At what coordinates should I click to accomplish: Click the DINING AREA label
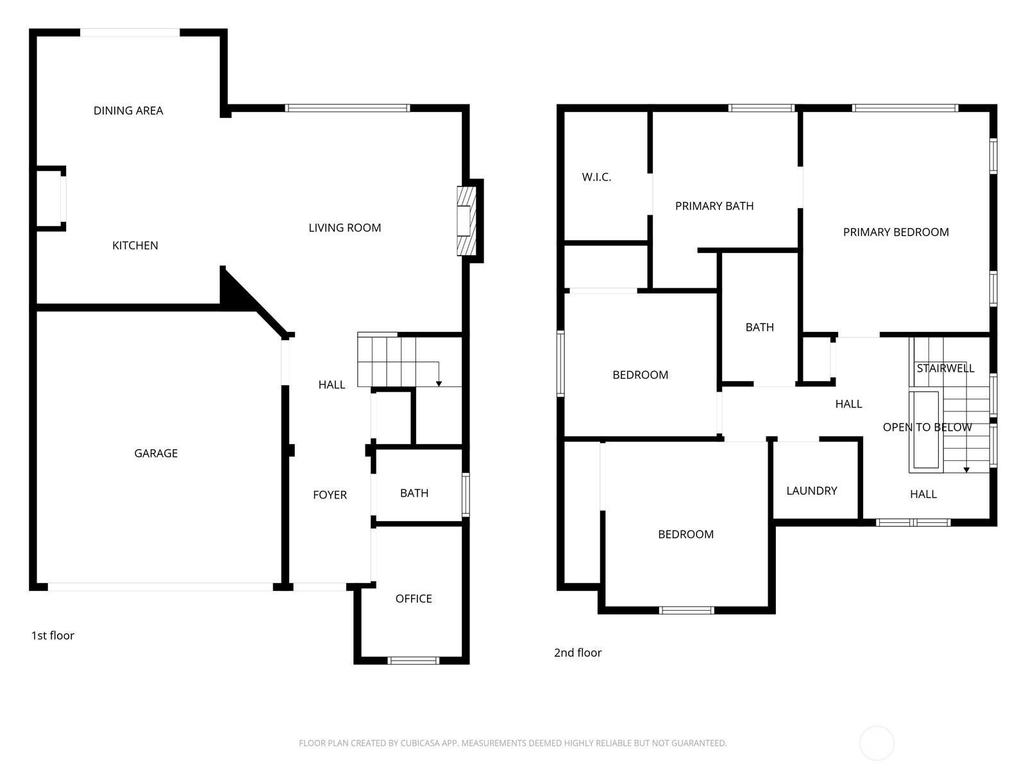coord(128,111)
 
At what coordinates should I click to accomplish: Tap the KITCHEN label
coord(135,245)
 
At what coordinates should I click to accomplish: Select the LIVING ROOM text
coord(344,228)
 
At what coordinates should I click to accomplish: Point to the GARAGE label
coord(156,453)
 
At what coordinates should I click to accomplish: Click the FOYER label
coord(330,495)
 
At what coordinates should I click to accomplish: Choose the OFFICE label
coord(413,598)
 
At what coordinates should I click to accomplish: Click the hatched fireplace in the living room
coord(466,221)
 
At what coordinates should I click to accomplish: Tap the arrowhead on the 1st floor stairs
coord(439,384)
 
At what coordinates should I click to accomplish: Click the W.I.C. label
coord(596,177)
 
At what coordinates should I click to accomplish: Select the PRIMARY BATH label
coord(714,206)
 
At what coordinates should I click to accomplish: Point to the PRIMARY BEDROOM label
coord(896,232)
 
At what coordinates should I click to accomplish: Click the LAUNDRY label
coord(811,491)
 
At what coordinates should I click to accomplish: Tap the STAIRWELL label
coord(945,368)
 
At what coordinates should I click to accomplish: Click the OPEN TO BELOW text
coord(927,427)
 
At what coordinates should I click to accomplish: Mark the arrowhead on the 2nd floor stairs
coord(966,470)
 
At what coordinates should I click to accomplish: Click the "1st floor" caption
coord(53,636)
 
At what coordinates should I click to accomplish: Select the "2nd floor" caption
coord(577,653)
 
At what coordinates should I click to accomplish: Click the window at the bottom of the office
coord(413,660)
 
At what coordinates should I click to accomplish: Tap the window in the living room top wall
coord(348,108)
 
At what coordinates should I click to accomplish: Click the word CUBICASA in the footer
coord(419,743)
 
